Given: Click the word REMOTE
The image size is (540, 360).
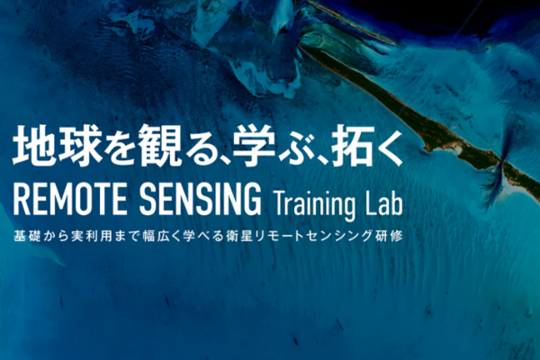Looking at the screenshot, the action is pyautogui.click(x=70, y=200).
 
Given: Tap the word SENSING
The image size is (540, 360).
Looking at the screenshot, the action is pyautogui.click(x=200, y=200).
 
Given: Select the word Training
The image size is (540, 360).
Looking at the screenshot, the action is pyautogui.click(x=314, y=204).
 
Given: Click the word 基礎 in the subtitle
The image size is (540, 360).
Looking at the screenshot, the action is pyautogui.click(x=27, y=237).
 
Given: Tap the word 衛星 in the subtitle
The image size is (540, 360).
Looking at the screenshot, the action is pyautogui.click(x=240, y=237).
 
